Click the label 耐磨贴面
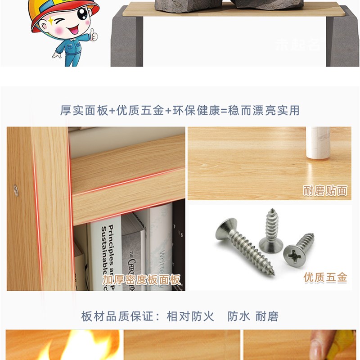pos(325,191)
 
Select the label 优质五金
pos(325,278)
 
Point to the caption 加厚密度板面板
pos(141,280)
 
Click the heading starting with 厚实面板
pos(180,110)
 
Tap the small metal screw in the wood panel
pos(16,190)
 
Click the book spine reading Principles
pos(104,252)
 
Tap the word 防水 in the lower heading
pos(238,316)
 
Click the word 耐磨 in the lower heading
pos(267,316)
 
